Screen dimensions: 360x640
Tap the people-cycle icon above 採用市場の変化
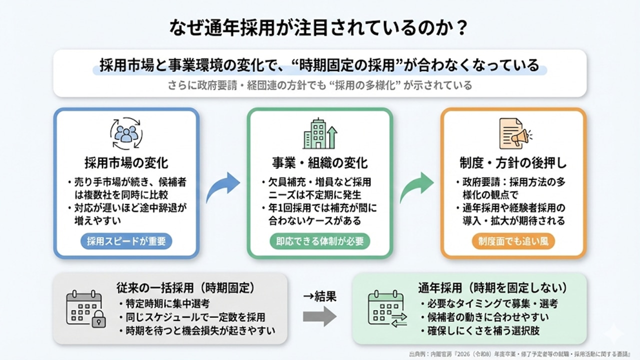tap(126, 133)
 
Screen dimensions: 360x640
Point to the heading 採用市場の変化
tap(126, 163)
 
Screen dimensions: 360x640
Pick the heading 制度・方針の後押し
tap(513, 163)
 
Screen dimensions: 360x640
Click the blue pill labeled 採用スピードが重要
tap(126, 241)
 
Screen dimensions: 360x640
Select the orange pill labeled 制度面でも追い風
tap(513, 241)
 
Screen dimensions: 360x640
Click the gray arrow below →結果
tap(320, 316)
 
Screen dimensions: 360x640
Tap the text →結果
tap(319, 296)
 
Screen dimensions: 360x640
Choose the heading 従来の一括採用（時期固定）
tap(185, 288)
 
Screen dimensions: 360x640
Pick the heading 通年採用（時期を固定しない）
tap(492, 288)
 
